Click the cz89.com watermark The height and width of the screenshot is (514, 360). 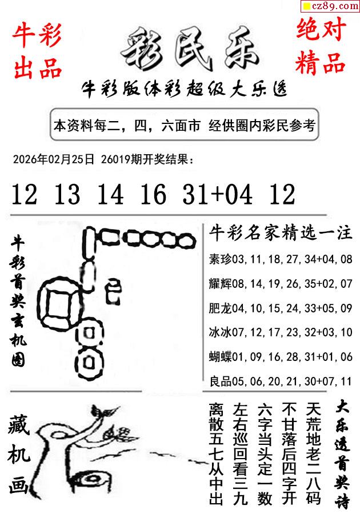[x=330, y=6]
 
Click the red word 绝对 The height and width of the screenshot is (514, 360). [x=321, y=29]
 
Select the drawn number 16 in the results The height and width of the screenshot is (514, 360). [x=153, y=194]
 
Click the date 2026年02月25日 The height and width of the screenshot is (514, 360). [x=54, y=159]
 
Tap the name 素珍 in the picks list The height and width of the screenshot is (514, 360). [x=221, y=259]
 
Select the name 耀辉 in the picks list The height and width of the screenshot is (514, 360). [x=221, y=283]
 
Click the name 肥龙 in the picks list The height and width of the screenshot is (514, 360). [x=221, y=308]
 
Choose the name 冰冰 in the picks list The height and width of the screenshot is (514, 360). [x=221, y=332]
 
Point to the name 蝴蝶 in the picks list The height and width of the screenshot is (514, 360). [x=221, y=356]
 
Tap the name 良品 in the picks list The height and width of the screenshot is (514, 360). [x=221, y=381]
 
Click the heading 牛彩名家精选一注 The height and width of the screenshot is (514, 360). [x=281, y=233]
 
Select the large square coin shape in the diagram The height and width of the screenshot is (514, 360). [x=59, y=303]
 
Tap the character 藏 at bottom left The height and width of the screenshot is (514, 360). [x=19, y=424]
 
